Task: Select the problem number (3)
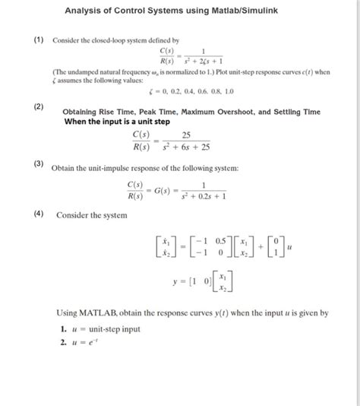pos(27,163)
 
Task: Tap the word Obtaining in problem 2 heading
pos(84,113)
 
